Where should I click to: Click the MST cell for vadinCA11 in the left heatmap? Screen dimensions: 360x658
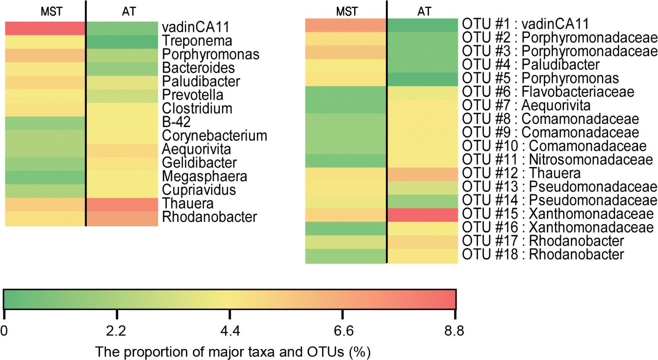click(x=45, y=28)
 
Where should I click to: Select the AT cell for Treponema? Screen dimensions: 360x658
click(x=122, y=41)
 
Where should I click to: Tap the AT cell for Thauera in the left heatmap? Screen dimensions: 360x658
click(x=122, y=204)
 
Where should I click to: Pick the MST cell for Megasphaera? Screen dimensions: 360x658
click(x=45, y=177)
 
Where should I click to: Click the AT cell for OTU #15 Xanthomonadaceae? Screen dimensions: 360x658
click(x=422, y=214)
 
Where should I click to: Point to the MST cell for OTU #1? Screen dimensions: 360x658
click(x=345, y=25)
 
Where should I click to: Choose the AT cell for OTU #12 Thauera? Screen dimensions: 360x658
click(x=422, y=174)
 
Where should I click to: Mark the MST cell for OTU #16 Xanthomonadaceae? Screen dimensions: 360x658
click(x=345, y=228)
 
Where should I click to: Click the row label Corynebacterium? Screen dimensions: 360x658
click(x=214, y=136)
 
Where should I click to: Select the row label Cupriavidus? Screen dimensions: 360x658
click(x=199, y=190)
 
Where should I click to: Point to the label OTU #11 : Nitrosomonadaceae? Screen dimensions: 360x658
click(x=557, y=160)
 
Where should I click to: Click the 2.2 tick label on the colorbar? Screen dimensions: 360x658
click(x=117, y=331)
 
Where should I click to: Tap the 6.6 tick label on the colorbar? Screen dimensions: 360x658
click(x=343, y=331)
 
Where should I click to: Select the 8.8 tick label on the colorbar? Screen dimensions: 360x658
click(x=455, y=331)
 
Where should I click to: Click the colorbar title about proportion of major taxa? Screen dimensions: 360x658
click(x=233, y=352)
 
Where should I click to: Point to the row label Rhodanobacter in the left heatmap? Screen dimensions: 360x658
click(x=209, y=217)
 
